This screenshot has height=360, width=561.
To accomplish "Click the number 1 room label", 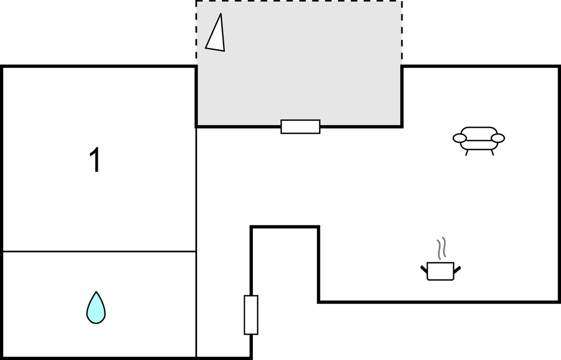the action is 95,160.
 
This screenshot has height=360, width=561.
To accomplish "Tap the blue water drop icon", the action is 96,308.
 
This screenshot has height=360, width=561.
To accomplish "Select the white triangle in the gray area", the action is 216,35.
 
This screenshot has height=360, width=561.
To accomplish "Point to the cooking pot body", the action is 441,271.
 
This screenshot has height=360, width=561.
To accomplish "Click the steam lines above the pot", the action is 442,248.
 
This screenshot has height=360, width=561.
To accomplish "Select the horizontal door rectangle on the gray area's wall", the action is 300,126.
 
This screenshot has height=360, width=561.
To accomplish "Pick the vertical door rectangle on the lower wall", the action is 251,315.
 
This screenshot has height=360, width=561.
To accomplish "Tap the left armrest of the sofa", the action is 460,138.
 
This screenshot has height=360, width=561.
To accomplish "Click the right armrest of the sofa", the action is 498,138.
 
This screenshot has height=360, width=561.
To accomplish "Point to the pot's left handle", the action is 424,269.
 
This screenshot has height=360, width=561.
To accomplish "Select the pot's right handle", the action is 457,269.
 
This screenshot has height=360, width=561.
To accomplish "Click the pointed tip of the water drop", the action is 96,292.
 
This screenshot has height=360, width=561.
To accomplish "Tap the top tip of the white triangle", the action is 221,14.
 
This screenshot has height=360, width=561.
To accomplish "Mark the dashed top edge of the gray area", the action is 299,1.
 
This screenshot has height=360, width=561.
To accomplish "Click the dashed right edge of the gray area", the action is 402,34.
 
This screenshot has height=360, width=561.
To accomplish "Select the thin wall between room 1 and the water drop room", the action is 99,252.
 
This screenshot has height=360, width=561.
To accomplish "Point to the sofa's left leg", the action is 467,152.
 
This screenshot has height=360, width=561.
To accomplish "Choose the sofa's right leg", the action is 493,152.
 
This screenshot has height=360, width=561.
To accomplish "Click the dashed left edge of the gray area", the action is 197,34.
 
